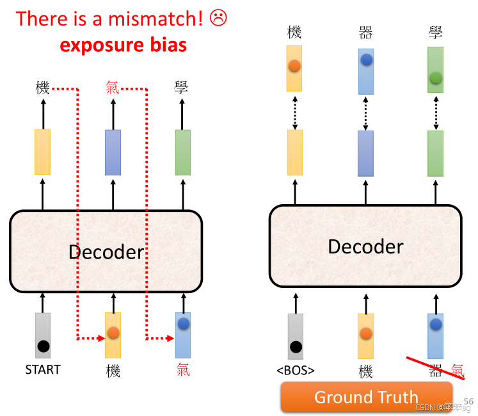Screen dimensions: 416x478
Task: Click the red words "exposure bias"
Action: point(123,45)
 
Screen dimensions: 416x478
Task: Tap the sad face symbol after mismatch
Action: point(218,19)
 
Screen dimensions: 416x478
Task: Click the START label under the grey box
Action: point(43,369)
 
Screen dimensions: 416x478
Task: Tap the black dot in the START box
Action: point(43,347)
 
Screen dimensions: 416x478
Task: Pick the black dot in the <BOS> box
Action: point(296,347)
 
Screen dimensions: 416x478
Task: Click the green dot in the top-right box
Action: point(436,77)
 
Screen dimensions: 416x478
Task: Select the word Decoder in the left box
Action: point(106,252)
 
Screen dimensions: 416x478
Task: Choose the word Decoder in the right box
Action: point(365,246)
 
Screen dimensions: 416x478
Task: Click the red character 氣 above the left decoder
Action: point(113,88)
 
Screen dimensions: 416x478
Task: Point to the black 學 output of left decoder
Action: point(182,88)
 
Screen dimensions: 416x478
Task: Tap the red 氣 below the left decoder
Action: point(183,370)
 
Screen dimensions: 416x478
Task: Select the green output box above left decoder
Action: point(183,152)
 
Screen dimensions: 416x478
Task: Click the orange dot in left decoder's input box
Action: point(113,332)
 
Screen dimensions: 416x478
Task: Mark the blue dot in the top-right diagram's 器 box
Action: point(367,60)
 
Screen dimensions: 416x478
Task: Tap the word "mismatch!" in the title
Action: point(157,19)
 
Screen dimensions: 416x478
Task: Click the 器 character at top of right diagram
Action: point(366,32)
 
